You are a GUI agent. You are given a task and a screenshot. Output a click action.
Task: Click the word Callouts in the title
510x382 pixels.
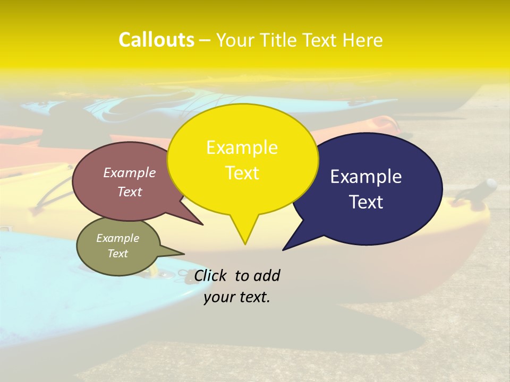(x=156, y=40)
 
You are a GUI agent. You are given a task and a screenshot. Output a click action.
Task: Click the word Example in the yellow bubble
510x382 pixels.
(x=242, y=147)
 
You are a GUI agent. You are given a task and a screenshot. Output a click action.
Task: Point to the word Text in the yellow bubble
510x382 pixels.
(x=242, y=173)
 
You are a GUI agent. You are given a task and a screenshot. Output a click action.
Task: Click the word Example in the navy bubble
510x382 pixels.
(x=366, y=177)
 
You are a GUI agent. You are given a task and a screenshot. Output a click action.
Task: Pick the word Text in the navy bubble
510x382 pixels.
(x=366, y=202)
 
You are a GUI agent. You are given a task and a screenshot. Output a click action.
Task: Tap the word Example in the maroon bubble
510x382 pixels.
(x=130, y=173)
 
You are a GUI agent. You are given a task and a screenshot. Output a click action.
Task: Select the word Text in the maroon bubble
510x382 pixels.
(x=130, y=192)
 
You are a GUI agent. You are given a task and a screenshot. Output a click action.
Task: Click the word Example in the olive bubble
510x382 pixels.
(x=118, y=238)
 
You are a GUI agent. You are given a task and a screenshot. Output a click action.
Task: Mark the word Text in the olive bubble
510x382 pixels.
(x=118, y=254)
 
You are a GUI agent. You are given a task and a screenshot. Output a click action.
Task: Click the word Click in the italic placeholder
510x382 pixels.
(x=211, y=276)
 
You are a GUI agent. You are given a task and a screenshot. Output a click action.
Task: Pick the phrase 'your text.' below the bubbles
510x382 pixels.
(x=237, y=297)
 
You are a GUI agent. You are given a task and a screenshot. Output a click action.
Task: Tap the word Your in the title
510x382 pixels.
(x=235, y=40)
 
